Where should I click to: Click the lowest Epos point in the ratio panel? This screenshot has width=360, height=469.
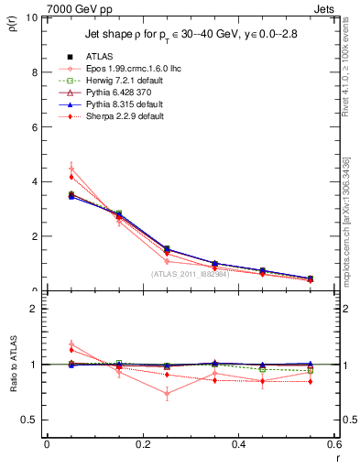click(x=142, y=394)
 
